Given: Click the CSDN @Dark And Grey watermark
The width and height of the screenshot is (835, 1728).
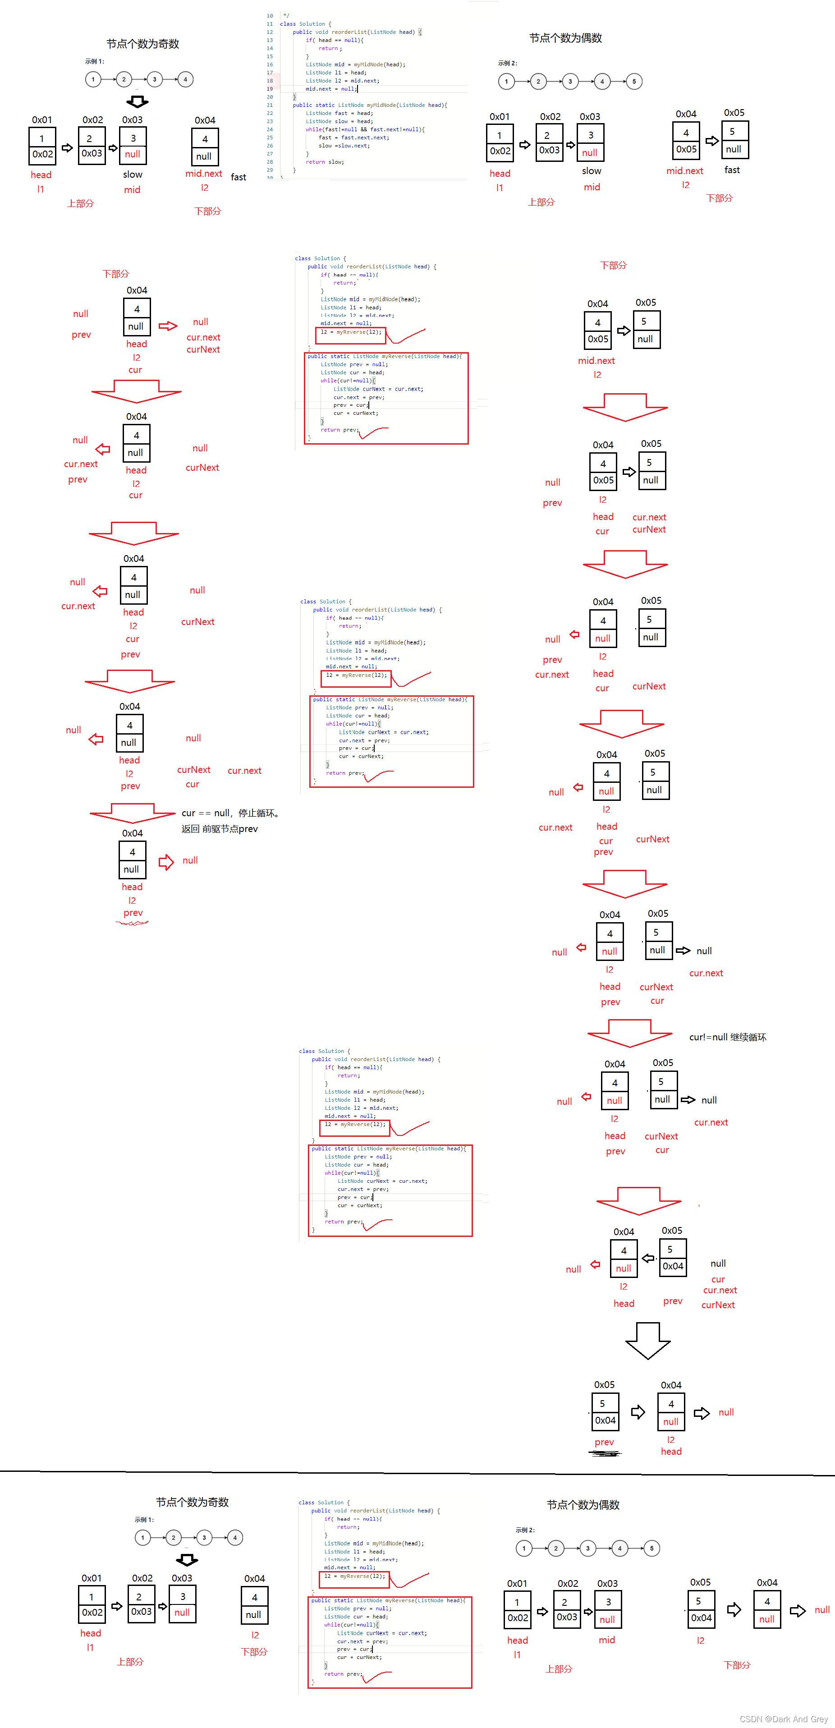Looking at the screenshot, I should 783,1719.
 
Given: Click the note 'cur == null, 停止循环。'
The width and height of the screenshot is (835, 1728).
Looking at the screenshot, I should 230,813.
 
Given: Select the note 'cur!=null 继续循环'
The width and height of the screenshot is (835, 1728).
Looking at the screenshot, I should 728,1037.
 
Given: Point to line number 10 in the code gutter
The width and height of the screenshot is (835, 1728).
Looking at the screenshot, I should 270,15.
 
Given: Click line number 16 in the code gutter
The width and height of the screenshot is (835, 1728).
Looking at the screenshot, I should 270,64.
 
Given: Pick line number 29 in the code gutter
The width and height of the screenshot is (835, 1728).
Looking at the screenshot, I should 270,170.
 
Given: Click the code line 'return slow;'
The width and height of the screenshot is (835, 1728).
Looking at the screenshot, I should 325,162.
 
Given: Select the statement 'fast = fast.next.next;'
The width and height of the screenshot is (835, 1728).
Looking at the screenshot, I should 353,138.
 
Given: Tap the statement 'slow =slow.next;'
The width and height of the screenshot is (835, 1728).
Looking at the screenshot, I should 344,146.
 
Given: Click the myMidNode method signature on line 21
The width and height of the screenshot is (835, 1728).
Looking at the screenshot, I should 370,106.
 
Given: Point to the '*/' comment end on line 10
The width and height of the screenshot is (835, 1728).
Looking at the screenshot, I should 286,15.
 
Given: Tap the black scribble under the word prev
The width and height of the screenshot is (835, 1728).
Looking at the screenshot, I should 605,1454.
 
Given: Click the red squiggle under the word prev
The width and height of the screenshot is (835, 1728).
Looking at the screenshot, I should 132,924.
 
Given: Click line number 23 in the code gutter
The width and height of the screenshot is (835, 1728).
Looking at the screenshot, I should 270,121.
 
